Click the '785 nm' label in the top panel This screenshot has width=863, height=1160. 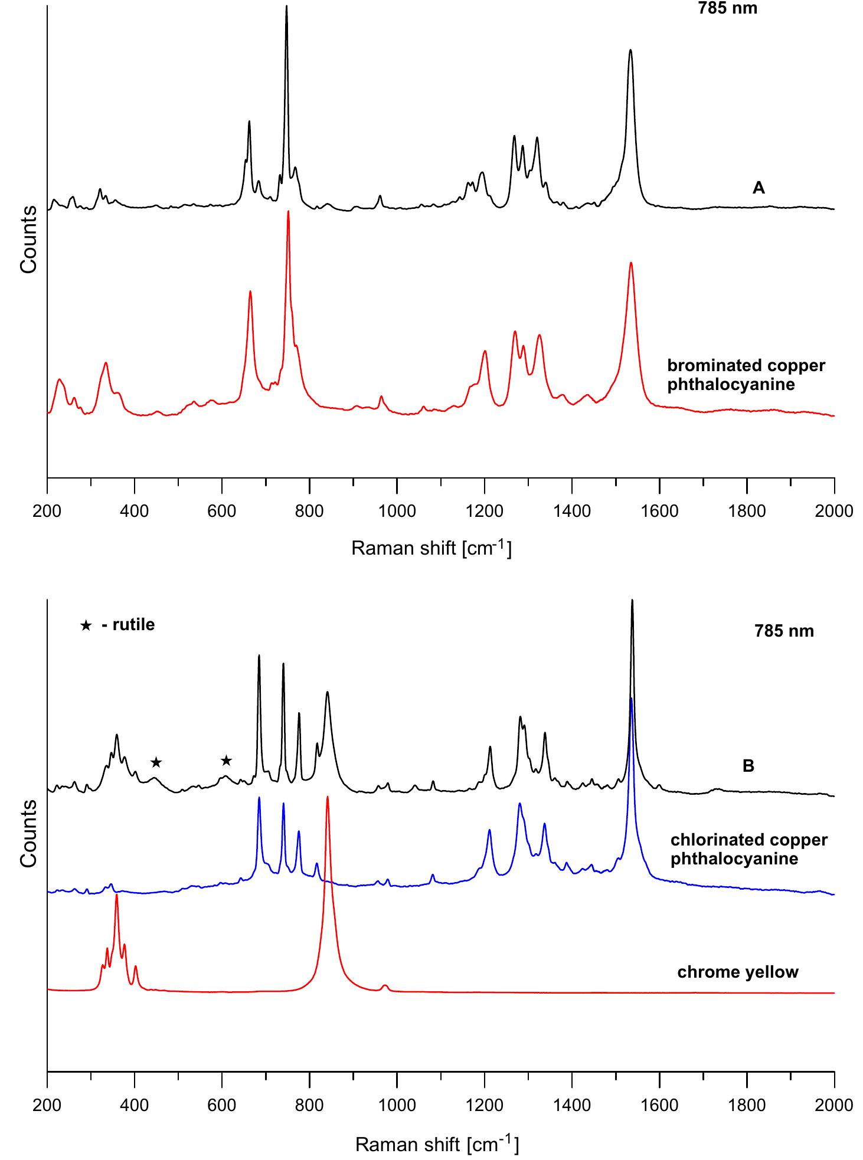pyautogui.click(x=727, y=8)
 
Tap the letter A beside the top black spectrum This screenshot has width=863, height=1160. pyautogui.click(x=759, y=188)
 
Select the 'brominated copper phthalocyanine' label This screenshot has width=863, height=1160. pyautogui.click(x=746, y=375)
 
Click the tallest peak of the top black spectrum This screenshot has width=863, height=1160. pyautogui.click(x=286, y=7)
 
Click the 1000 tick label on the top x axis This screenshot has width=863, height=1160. pyautogui.click(x=397, y=511)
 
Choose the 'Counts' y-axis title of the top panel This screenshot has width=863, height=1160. pyautogui.click(x=28, y=239)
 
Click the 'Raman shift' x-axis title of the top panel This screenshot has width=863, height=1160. pyautogui.click(x=431, y=548)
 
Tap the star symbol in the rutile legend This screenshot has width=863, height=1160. pyautogui.click(x=86, y=625)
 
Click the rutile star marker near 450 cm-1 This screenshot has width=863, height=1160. pyautogui.click(x=156, y=762)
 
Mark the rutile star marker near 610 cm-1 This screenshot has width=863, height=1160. pyautogui.click(x=226, y=761)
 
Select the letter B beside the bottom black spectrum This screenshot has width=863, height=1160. pyautogui.click(x=748, y=766)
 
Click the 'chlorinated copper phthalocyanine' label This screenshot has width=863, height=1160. pyautogui.click(x=748, y=849)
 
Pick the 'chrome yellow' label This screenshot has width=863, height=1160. pyautogui.click(x=737, y=972)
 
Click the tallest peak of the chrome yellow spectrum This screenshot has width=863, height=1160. pyautogui.click(x=327, y=798)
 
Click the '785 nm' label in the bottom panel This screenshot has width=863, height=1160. pyautogui.click(x=784, y=631)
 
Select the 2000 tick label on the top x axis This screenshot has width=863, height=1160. pyautogui.click(x=833, y=511)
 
